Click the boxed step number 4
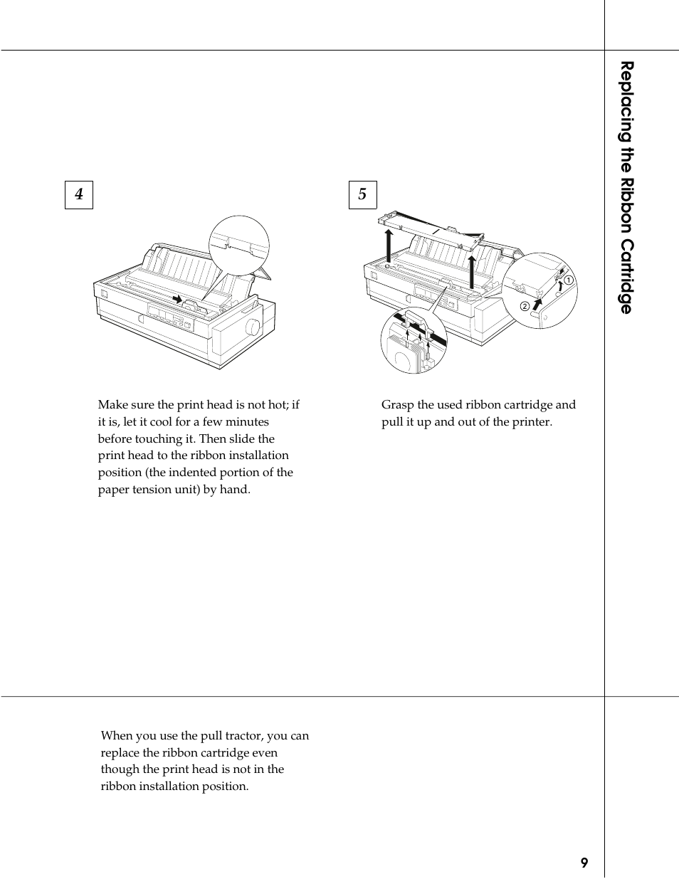(79, 194)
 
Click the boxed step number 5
(362, 194)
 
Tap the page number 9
(584, 863)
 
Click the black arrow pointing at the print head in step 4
(177, 299)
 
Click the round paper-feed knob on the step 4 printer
(253, 327)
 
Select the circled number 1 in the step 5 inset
(569, 280)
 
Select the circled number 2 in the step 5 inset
(525, 306)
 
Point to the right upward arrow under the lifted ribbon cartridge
(471, 271)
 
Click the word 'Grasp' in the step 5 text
(397, 405)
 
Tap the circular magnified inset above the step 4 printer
(239, 246)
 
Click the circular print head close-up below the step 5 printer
(413, 342)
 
